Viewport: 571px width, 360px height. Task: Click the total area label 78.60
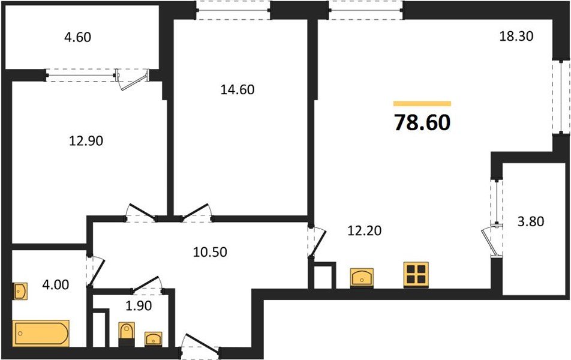coord(422,122)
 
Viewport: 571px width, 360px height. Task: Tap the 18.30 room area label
coord(516,36)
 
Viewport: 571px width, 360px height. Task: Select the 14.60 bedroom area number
coord(238,90)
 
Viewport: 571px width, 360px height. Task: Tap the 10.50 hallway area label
coord(210,252)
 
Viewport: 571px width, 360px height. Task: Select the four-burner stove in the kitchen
coord(416,274)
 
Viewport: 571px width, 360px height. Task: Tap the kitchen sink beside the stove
coord(362,278)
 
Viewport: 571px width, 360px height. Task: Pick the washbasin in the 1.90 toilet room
coord(154,338)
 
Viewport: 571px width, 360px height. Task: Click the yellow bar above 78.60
coord(422,104)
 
